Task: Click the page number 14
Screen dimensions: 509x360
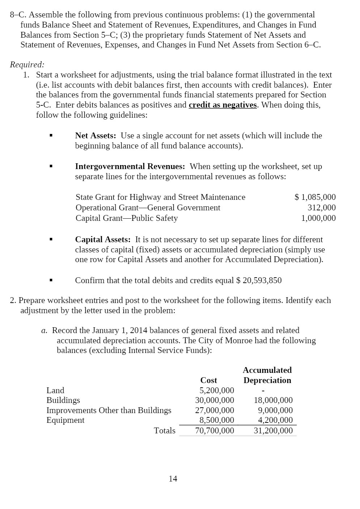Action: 173,479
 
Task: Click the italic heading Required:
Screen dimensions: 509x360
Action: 27,64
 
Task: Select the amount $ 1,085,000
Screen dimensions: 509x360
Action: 315,197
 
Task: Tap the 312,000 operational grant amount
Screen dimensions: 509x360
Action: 322,207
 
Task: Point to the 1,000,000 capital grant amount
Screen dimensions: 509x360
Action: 318,218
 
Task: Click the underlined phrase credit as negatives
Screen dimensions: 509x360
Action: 223,105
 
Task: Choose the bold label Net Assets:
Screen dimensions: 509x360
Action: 96,135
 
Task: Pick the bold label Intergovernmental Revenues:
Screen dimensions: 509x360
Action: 130,167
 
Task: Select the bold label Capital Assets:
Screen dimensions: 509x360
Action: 103,239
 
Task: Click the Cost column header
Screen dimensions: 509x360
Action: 209,380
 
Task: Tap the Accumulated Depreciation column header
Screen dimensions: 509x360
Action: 267,375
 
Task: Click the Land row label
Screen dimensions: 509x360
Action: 55,390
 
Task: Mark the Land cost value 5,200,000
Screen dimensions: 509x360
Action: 217,390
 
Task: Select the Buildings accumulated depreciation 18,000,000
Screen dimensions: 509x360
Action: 273,400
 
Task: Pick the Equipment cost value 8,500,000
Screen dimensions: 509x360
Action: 217,420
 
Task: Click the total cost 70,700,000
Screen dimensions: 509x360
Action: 215,430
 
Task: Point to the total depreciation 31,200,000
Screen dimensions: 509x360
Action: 273,430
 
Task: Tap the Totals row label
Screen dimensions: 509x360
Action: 165,430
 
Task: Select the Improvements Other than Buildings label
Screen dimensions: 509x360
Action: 109,410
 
